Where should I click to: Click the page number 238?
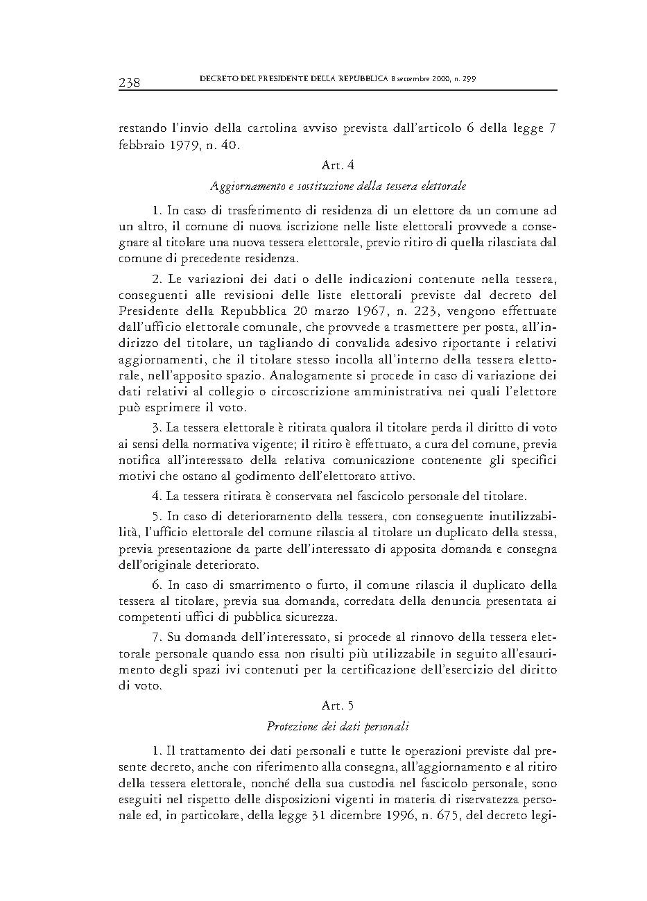tap(130, 83)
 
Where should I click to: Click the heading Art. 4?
tap(338, 165)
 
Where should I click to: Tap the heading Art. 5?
tap(338, 705)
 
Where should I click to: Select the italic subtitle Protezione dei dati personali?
tap(338, 727)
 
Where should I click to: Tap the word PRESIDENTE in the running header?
tap(269, 79)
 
